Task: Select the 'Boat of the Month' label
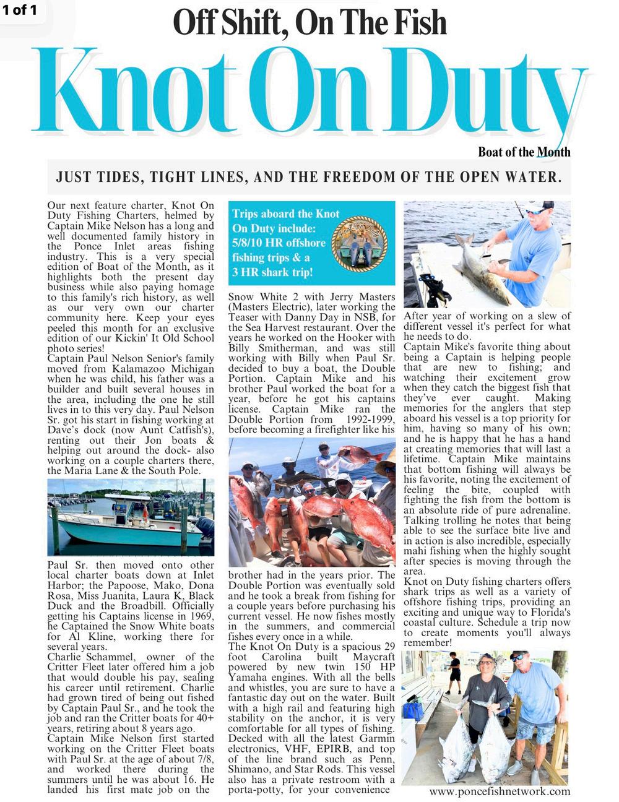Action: pyautogui.click(x=524, y=152)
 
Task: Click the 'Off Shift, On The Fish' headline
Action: pyautogui.click(x=309, y=23)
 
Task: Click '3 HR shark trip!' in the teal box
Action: pyautogui.click(x=272, y=272)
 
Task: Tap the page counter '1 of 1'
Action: pyautogui.click(x=20, y=10)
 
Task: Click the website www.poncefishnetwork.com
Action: pyautogui.click(x=500, y=791)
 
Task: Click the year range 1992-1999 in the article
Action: pyautogui.click(x=367, y=420)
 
